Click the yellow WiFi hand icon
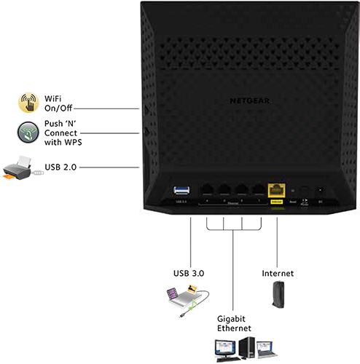28,101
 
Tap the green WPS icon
28,134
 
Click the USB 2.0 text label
59,168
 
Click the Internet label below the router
277,274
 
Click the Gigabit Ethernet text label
232,324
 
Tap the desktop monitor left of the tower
223,348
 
